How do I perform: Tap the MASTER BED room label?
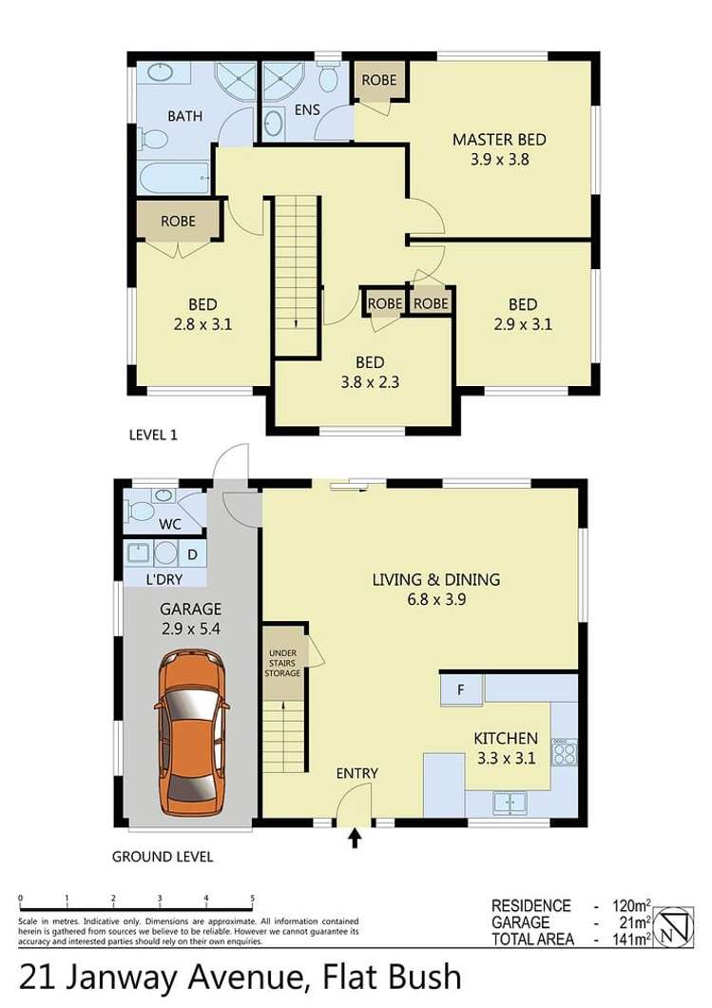coord(499,140)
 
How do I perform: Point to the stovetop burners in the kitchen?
coord(564,752)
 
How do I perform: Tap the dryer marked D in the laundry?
coord(191,553)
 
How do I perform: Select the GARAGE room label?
coord(191,610)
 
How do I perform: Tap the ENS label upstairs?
coord(306,110)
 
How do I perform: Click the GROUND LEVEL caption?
coord(163,857)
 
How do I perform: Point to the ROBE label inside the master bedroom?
coord(378,80)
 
